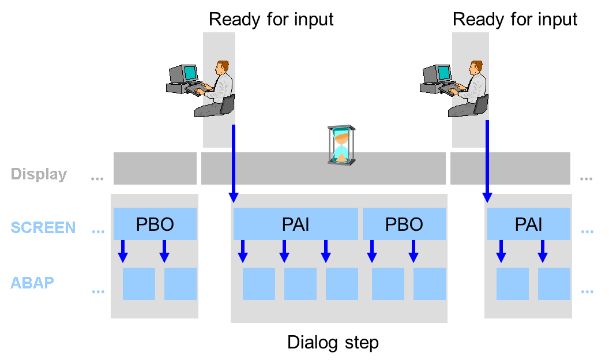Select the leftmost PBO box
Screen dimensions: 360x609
[155, 224]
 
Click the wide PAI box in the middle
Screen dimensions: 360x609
[295, 224]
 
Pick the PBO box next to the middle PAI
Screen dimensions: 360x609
[404, 224]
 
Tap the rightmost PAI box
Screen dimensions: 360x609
[528, 224]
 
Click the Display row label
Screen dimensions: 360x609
[39, 174]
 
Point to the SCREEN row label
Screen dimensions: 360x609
[43, 227]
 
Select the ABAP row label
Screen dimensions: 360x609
[33, 283]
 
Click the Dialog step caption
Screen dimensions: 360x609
[333, 343]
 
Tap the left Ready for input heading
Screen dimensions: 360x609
[271, 19]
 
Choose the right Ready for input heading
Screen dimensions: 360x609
[515, 19]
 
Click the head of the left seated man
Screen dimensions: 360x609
[221, 67]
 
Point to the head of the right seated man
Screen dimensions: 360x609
[476, 67]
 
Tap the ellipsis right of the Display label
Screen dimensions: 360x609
[97, 179]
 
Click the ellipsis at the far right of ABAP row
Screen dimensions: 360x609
[587, 291]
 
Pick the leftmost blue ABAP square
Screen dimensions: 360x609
[138, 284]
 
